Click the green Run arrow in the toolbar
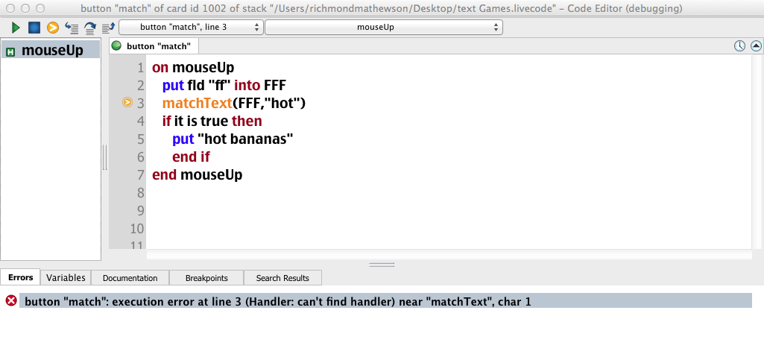[16, 28]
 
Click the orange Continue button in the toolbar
[52, 28]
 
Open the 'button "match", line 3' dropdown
[191, 28]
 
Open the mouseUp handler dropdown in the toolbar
[383, 28]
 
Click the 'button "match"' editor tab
[158, 46]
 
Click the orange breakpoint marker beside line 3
[127, 103]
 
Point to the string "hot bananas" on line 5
[245, 139]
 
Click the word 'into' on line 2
[247, 85]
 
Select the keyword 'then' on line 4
[247, 121]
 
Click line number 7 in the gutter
[139, 174]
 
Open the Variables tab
[66, 277]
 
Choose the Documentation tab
[130, 278]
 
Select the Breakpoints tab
[206, 278]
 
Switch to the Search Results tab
[282, 278]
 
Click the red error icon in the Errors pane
[11, 300]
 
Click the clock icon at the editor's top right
[739, 46]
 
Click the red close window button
[10, 7]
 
